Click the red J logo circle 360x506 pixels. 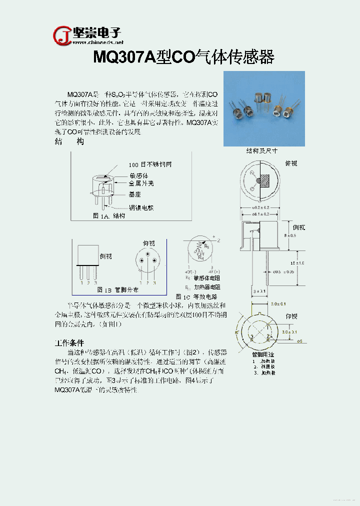62,35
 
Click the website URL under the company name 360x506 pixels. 98,43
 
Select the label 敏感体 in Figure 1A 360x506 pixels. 138,175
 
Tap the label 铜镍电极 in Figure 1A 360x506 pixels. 141,207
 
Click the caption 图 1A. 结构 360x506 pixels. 108,216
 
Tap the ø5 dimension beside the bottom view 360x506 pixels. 300,341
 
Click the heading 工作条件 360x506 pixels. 69,343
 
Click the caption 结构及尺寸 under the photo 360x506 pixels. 261,150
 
